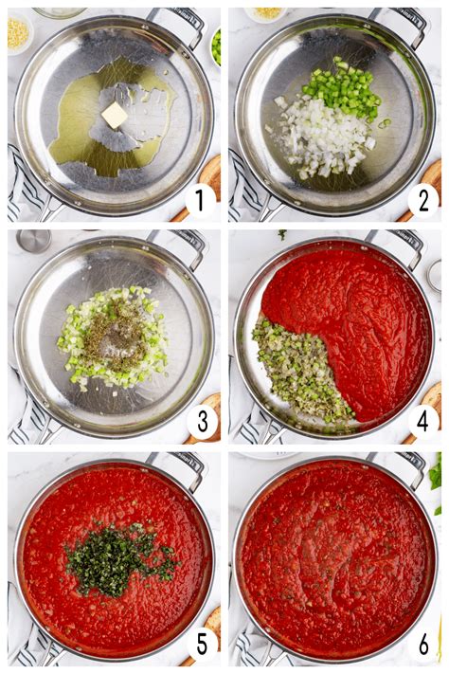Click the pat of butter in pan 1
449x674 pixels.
pos(115,115)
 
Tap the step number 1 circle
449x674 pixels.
pos(199,200)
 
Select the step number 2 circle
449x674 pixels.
pos(422,200)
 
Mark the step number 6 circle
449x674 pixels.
pos(422,645)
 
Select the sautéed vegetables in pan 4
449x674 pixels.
pos(298,370)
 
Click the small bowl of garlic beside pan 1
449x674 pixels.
pos(18,31)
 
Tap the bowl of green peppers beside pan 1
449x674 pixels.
pos(216,46)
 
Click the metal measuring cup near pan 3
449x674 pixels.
pos(31,242)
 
